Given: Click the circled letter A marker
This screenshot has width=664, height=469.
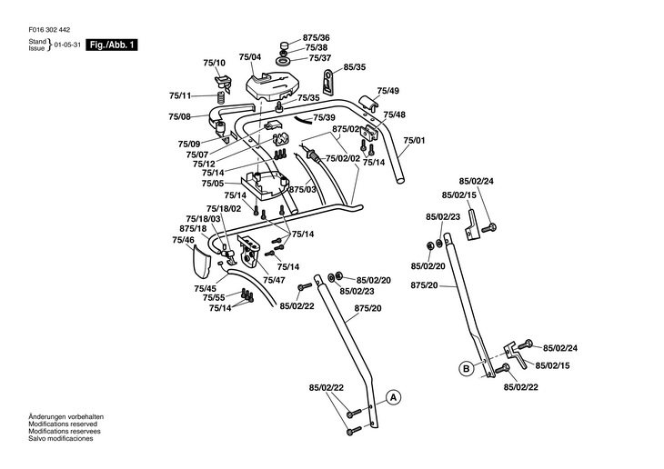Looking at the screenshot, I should [x=393, y=397].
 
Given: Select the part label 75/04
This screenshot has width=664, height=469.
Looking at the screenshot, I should [x=249, y=58].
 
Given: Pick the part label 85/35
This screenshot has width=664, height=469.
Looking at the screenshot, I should [x=354, y=67].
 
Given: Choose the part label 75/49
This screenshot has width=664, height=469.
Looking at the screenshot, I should [x=388, y=91].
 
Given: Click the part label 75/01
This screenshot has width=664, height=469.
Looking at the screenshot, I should [x=415, y=140].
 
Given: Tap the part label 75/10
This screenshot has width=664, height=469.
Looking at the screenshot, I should [x=213, y=63].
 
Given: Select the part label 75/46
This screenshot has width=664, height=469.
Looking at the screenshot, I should [x=183, y=240].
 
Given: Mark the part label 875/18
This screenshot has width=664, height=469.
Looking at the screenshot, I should [x=194, y=228].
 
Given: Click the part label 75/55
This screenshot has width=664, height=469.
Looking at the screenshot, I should [x=214, y=298].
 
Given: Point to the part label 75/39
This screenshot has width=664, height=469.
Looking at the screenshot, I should [x=325, y=118].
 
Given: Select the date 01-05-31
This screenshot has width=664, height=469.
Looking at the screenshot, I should [x=67, y=45].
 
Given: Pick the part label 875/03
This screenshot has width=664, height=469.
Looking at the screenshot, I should [x=303, y=189].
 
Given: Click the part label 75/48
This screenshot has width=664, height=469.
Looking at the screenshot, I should [x=394, y=115].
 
